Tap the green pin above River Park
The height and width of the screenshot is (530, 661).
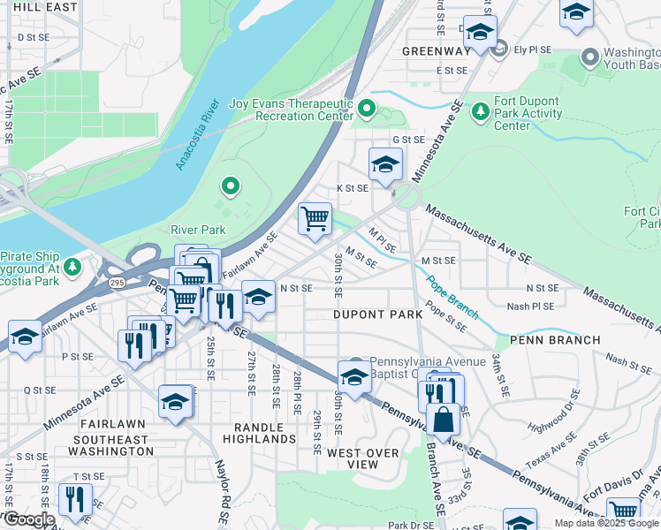click(230, 185)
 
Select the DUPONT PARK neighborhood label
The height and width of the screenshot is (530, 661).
click(377, 314)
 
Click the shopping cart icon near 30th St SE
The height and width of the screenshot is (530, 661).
click(315, 218)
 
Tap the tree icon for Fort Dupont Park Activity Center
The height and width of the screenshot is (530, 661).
click(480, 111)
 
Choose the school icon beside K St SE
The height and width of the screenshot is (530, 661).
click(385, 165)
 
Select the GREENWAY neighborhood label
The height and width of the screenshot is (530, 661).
click(436, 51)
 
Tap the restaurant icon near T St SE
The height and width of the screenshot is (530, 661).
click(75, 500)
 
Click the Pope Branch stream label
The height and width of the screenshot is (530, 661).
click(452, 298)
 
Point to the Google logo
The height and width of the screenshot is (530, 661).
click(28, 519)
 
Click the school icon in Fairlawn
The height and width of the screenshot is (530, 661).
click(176, 403)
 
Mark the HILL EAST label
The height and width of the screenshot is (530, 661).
click(41, 6)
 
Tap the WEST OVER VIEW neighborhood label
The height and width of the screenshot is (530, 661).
click(364, 458)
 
